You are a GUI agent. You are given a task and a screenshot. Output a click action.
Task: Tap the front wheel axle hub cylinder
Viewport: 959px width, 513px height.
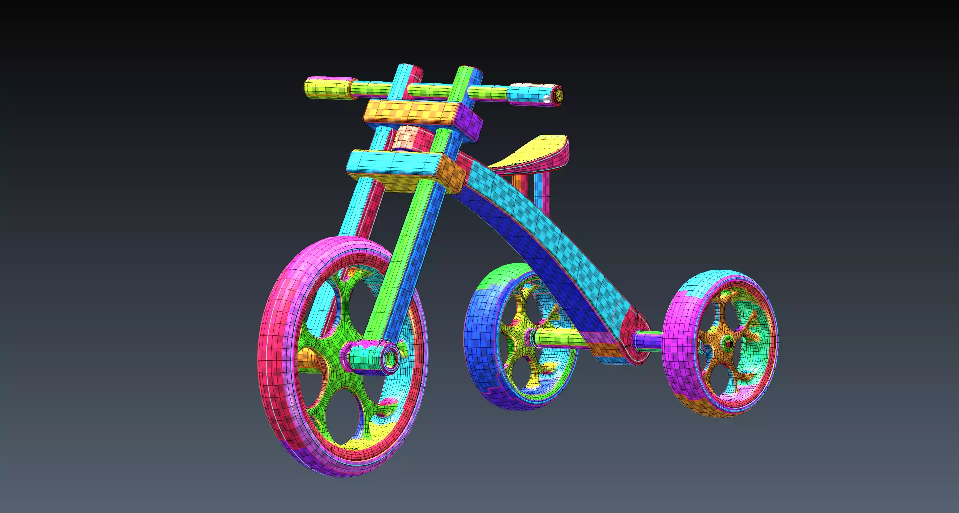372,357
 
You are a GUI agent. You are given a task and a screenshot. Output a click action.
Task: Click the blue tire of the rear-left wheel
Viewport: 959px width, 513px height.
479,340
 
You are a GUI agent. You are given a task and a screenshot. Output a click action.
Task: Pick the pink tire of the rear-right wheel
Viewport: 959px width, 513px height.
679,350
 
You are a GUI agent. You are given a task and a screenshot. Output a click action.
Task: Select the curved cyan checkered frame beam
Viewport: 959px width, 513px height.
549,235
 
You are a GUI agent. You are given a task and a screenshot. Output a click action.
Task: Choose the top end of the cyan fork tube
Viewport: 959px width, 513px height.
407,70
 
